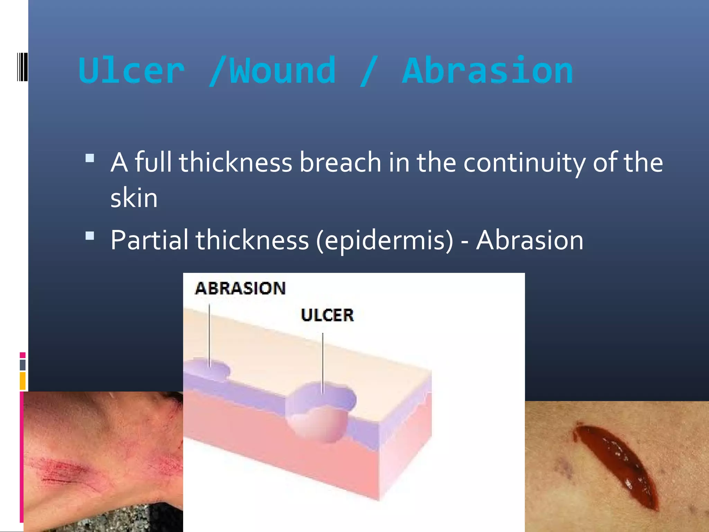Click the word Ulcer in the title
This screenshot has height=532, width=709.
tap(132, 71)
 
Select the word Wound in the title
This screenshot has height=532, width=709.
tap(282, 71)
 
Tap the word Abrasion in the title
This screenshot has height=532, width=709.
tap(487, 71)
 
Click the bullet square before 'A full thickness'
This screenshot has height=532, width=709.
tap(90, 158)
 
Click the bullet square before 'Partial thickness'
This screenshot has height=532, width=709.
tap(90, 236)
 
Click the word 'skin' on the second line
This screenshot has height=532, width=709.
tap(134, 198)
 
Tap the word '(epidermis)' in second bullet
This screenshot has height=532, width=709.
tap(384, 240)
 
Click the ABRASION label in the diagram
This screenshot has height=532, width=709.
tap(240, 289)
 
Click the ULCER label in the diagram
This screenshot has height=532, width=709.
tap(327, 315)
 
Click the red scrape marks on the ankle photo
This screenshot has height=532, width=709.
tap(66, 471)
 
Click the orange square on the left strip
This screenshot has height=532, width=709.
tap(23, 381)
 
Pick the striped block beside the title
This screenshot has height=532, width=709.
tap(22, 66)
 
